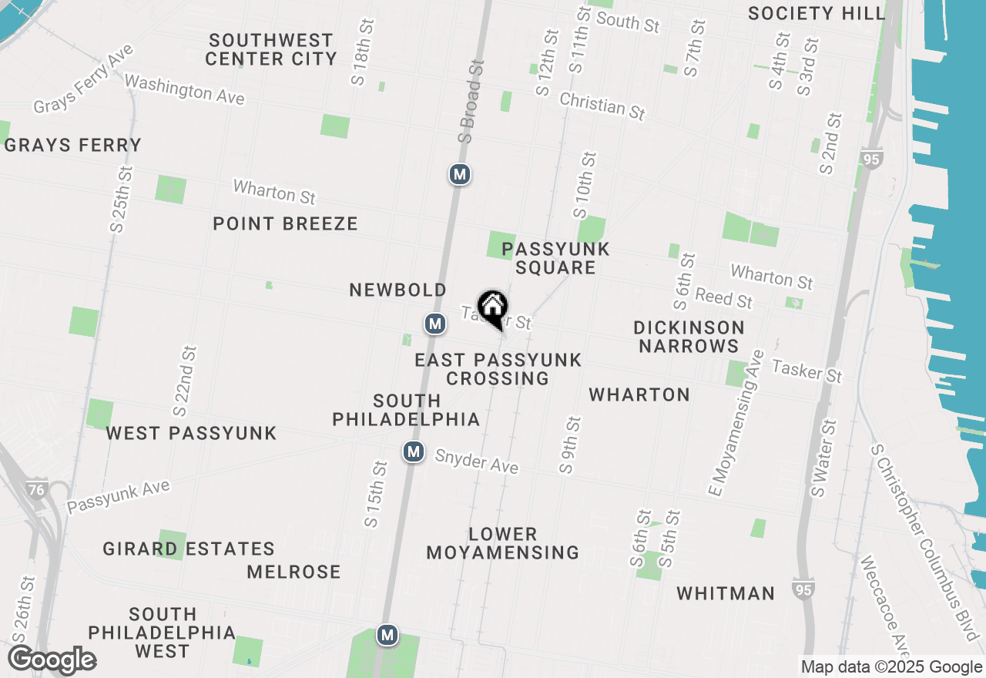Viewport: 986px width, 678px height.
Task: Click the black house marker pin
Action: click(493, 308)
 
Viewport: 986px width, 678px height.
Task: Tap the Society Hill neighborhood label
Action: click(817, 13)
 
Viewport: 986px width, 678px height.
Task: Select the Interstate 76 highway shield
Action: click(36, 489)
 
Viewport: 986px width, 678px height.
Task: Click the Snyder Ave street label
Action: click(476, 461)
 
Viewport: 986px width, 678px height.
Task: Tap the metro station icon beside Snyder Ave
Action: click(414, 451)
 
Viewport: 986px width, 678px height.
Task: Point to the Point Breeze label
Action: click(285, 223)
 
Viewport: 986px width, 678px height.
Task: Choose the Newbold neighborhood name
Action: click(397, 290)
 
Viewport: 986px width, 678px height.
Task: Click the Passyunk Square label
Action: click(555, 258)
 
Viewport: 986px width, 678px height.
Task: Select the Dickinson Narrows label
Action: click(689, 337)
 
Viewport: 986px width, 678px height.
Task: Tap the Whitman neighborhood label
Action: click(726, 593)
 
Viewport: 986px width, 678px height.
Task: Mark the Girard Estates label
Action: click(189, 549)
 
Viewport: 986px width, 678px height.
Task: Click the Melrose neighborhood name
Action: click(293, 572)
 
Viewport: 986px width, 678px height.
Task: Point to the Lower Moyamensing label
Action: click(503, 543)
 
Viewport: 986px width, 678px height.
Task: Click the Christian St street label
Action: click(602, 106)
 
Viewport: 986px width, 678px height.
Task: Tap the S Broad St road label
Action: click(470, 100)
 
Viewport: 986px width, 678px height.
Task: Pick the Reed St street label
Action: click(723, 297)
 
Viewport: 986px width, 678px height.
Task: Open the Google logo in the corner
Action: click(52, 660)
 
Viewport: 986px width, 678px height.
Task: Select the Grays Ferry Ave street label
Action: click(84, 79)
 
